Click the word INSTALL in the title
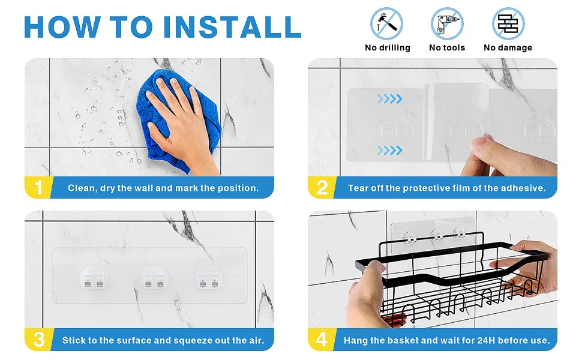(x=232, y=27)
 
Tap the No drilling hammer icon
(x=386, y=24)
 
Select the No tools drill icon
(x=447, y=24)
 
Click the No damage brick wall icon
(x=508, y=24)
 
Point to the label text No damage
(x=508, y=47)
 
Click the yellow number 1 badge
(x=38, y=187)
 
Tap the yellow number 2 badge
(x=322, y=187)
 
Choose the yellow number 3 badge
(x=39, y=340)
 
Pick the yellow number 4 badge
(x=322, y=340)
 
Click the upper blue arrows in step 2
(x=390, y=99)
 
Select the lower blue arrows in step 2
(x=390, y=151)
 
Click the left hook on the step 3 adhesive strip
(x=94, y=279)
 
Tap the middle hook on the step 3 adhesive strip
(x=154, y=279)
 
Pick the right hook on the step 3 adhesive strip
(x=209, y=279)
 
